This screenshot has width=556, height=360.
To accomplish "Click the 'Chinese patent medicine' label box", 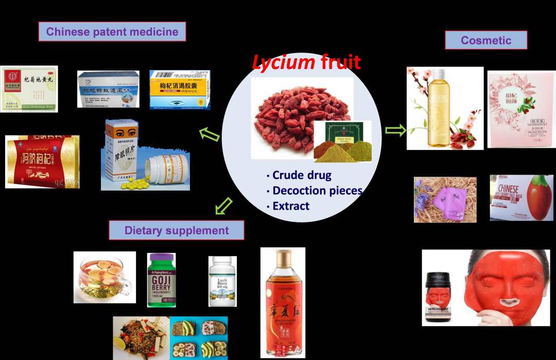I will point(112,31).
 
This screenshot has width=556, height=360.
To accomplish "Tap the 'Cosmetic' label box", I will point(486,40).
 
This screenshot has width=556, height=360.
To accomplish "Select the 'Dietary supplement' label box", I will point(177,230).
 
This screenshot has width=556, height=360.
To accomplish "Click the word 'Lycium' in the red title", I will point(284,63).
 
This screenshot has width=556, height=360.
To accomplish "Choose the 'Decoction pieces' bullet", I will point(317,191).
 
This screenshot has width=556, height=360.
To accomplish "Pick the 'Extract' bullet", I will point(291,206).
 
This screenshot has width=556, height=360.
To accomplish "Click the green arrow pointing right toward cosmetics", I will point(395,131).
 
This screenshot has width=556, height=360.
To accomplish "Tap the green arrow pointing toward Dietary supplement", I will point(222,207).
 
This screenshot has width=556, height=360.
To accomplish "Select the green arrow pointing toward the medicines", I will point(210,135).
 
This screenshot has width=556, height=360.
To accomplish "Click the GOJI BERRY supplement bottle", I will point(161,280).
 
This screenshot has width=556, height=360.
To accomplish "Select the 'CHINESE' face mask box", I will point(521,198).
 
